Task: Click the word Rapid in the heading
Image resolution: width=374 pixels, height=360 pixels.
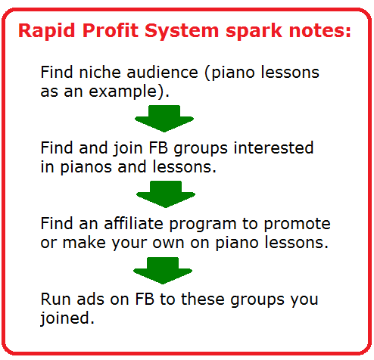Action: click(47, 31)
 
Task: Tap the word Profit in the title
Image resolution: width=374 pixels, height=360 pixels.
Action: click(111, 30)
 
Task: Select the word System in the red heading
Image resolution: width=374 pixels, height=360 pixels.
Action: click(182, 31)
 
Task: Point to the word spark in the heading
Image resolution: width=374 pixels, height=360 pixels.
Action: click(254, 31)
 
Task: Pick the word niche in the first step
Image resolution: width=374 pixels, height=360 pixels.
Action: click(100, 72)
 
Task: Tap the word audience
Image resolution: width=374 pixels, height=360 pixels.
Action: click(162, 72)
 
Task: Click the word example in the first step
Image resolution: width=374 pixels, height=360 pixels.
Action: click(123, 92)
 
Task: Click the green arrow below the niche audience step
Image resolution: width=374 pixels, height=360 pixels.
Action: click(164, 119)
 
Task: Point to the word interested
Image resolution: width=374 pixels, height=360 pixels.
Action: click(273, 147)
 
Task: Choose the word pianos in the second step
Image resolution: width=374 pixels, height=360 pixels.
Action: click(86, 167)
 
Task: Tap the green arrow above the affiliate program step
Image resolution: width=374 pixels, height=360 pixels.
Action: click(166, 194)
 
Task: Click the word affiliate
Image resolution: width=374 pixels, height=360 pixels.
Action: click(134, 223)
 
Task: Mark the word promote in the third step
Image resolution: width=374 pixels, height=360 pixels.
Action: click(297, 225)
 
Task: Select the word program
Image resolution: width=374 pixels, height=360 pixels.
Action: click(203, 225)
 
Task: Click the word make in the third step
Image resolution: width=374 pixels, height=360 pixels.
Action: click(84, 243)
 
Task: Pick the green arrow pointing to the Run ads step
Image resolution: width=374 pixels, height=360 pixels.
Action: click(163, 271)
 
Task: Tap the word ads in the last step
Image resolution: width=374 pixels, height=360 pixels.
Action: click(90, 299)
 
